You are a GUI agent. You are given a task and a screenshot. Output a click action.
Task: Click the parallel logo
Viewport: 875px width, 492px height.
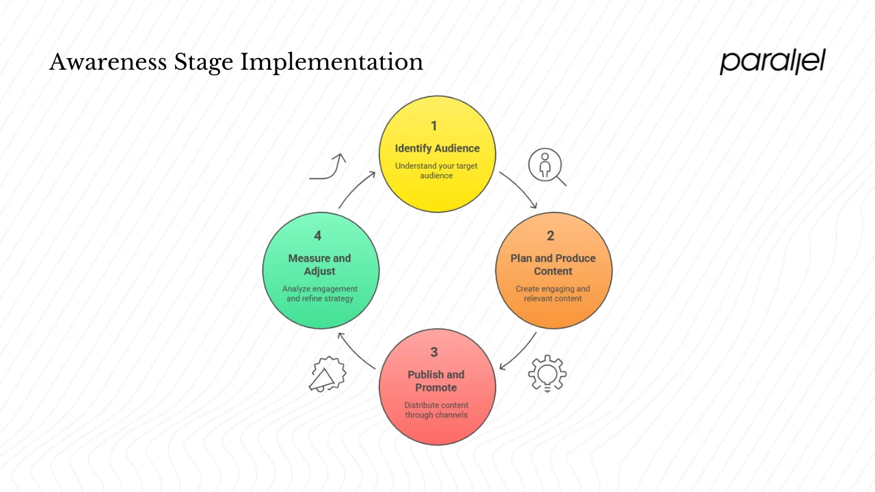[x=772, y=61]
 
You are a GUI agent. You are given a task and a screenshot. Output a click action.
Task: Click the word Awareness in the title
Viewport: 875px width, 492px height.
[x=107, y=62]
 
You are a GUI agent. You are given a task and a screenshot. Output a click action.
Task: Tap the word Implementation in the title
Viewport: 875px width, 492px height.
[x=331, y=63]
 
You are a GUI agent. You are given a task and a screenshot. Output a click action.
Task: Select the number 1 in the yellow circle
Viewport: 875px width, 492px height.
[x=433, y=126]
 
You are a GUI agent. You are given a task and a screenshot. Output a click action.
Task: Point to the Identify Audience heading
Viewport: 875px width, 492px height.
[x=437, y=148]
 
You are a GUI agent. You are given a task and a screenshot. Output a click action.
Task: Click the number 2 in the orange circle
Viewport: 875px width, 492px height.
[x=550, y=236]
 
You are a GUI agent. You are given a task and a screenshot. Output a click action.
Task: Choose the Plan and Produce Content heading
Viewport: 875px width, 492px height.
[x=553, y=264]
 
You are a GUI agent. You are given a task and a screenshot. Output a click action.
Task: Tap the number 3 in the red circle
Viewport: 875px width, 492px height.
[x=434, y=352]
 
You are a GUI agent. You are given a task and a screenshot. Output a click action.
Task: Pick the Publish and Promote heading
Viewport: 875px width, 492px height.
[x=436, y=381]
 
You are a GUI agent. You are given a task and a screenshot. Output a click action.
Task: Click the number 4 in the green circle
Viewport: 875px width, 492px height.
[x=318, y=236]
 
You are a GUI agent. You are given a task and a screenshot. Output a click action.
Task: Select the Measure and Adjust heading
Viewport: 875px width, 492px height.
[x=319, y=264]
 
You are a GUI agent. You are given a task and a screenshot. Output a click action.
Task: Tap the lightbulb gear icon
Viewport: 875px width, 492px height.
[x=548, y=373]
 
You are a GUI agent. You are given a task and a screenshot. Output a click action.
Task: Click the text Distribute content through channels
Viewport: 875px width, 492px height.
[x=436, y=410]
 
